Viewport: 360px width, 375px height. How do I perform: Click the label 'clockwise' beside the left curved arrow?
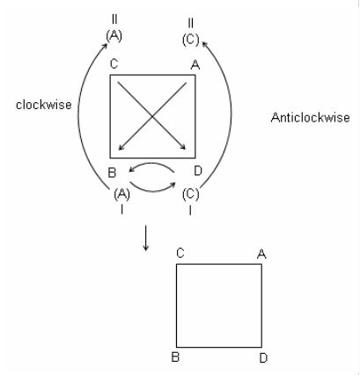click(44, 105)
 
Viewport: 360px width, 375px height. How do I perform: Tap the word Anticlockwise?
click(310, 117)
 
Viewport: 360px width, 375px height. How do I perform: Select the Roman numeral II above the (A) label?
click(114, 19)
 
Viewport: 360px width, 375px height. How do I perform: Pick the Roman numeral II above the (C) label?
click(191, 23)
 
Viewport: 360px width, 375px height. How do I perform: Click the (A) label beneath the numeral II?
click(114, 36)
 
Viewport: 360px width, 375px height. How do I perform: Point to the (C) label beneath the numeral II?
click(191, 40)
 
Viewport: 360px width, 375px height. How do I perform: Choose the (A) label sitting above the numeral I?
click(121, 194)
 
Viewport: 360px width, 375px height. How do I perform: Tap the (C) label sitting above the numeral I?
click(191, 194)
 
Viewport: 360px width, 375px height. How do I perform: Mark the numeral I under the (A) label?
click(121, 210)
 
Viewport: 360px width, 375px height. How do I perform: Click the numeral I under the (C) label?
click(190, 210)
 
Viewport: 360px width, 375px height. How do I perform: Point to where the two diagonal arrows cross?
click(152, 117)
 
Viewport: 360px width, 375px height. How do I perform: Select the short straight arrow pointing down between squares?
click(145, 238)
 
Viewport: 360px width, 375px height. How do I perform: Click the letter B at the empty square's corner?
click(175, 357)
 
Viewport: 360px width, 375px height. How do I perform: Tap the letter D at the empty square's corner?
click(263, 357)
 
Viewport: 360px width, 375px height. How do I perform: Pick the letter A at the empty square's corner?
click(261, 254)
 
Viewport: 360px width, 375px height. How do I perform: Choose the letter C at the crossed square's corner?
click(114, 63)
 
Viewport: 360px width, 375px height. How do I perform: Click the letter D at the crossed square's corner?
click(198, 171)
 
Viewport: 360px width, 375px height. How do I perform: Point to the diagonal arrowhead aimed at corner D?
click(183, 147)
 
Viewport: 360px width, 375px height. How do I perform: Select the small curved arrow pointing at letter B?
click(151, 166)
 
